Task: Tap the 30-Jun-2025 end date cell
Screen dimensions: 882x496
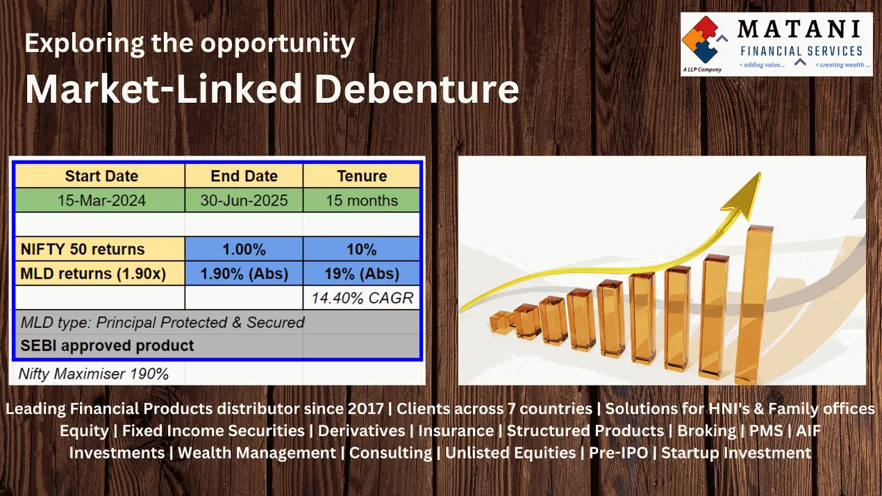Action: [244, 200]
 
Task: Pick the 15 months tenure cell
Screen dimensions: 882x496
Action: [361, 200]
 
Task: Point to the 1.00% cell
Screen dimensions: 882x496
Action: [244, 249]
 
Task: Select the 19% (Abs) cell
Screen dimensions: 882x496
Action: [361, 274]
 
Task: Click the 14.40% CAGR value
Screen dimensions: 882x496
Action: [363, 298]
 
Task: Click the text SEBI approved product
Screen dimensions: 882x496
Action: [107, 345]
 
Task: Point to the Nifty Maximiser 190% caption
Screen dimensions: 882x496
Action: [93, 374]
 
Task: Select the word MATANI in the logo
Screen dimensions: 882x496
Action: [799, 29]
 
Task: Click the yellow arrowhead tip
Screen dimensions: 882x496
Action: [760, 172]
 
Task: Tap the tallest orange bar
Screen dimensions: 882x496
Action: [754, 304]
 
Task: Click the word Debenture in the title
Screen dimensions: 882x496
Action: [417, 89]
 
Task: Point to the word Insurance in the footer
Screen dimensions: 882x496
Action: [456, 431]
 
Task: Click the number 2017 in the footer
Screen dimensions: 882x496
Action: [365, 408]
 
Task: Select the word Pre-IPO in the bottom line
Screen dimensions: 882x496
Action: [619, 453]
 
